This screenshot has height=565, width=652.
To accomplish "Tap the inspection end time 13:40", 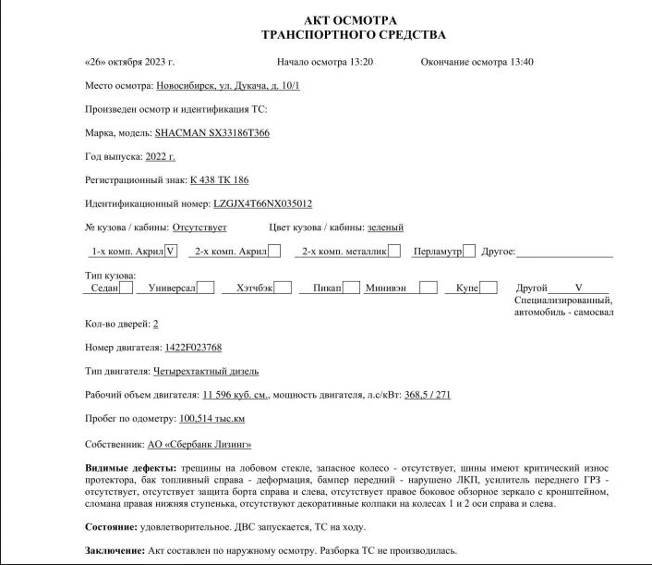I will (x=522, y=62).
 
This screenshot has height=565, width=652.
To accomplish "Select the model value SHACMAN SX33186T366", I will (x=212, y=133).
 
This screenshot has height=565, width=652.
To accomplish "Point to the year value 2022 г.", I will (x=160, y=156).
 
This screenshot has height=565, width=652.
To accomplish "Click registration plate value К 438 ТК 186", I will (x=219, y=180).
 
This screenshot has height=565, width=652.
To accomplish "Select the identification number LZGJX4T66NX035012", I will (x=263, y=203).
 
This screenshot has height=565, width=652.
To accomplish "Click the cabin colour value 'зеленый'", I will (x=385, y=227).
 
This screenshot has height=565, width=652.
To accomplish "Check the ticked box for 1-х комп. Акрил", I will (x=170, y=251).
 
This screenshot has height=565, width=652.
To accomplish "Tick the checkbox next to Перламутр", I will (x=469, y=251).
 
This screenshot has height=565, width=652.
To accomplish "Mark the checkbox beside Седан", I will (x=127, y=288).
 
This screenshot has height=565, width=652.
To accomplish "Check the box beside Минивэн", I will (x=428, y=288).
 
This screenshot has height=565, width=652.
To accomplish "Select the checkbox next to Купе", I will (x=489, y=288).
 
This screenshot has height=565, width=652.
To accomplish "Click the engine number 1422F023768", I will (x=193, y=348).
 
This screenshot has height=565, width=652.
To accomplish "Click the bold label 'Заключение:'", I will (x=115, y=551).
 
